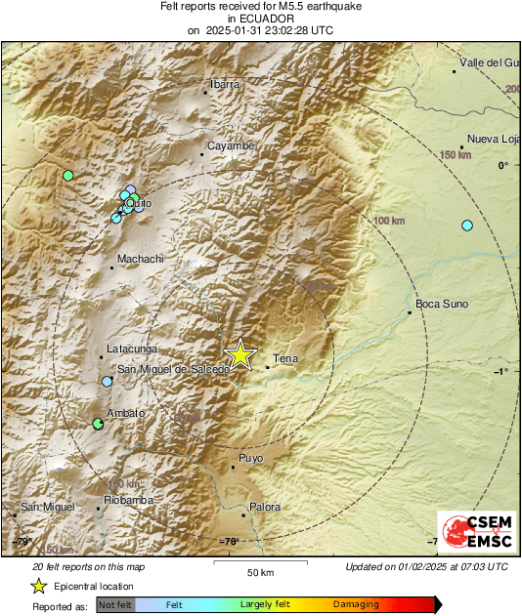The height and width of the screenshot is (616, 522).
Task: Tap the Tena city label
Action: click(284, 358)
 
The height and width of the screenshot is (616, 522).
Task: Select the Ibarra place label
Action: click(225, 84)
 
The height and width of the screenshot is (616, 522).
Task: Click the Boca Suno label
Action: click(443, 304)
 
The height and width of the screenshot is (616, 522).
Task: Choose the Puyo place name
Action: click(251, 457)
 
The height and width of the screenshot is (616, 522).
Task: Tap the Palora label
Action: click(264, 507)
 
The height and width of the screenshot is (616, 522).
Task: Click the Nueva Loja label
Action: click(491, 139)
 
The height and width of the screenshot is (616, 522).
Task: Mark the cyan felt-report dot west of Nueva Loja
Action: click(467, 226)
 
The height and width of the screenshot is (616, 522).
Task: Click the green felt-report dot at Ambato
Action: click(98, 424)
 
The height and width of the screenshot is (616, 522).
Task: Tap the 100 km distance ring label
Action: click(389, 222)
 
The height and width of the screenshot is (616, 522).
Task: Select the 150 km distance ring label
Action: click(456, 155)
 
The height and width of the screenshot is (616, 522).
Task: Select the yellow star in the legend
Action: click(38, 586)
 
